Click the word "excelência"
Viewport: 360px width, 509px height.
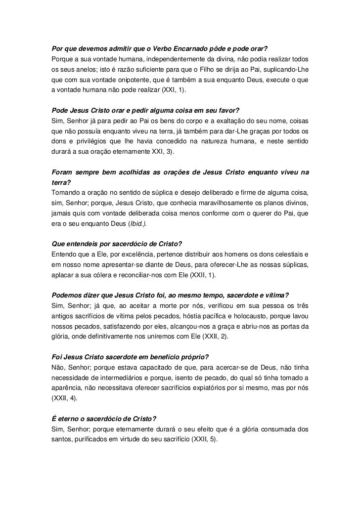(122, 255)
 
